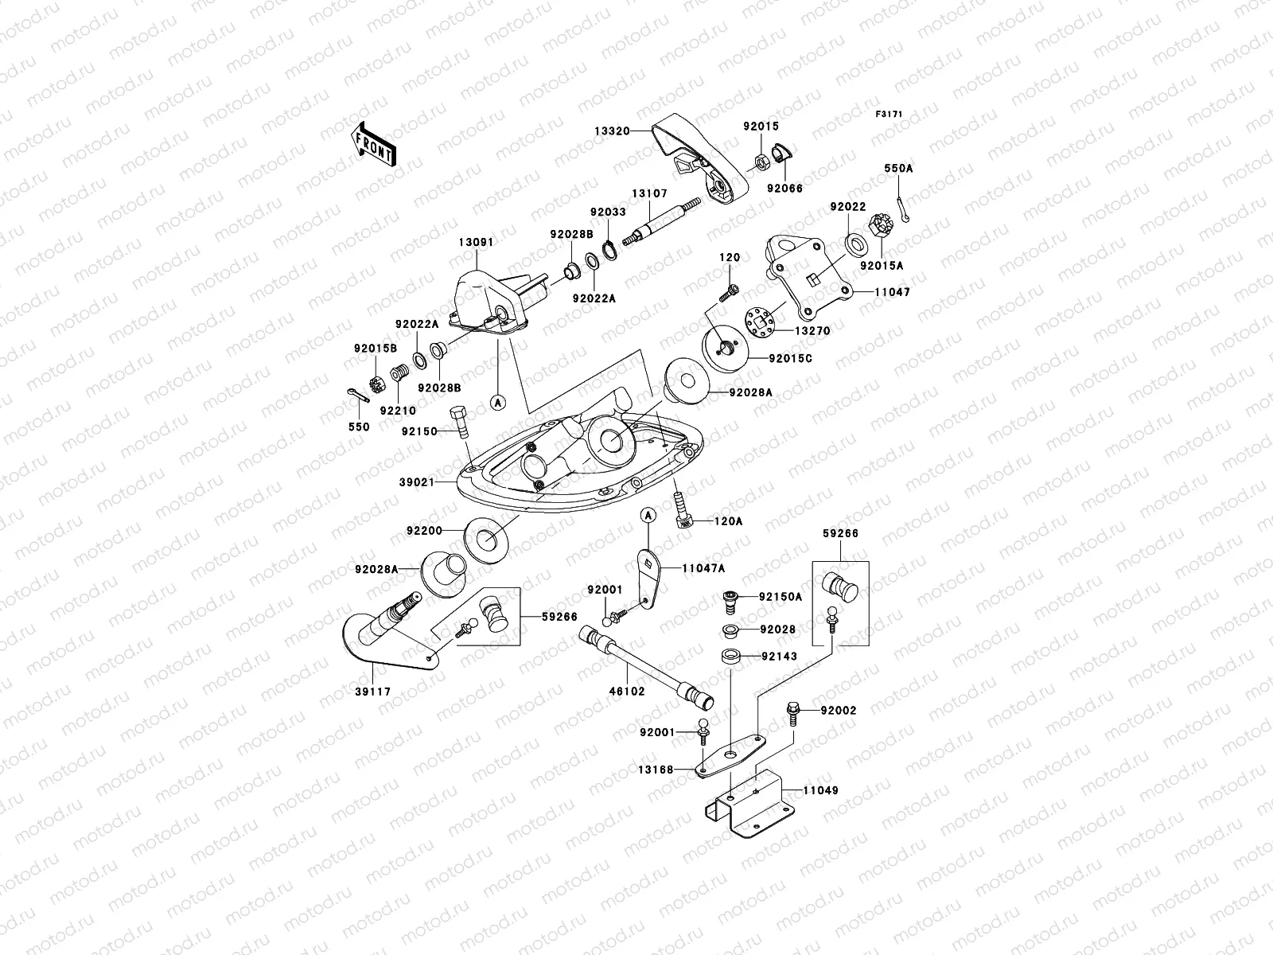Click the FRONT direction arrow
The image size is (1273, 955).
point(373,144)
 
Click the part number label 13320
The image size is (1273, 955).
point(612,131)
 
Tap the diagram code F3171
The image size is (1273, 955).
point(889,115)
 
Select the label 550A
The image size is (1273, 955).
point(898,168)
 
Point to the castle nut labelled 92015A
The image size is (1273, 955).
point(879,225)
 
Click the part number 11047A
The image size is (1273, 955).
point(703,569)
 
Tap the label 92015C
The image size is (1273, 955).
point(791,359)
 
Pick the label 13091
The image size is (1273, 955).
point(476,243)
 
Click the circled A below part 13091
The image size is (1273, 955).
point(498,402)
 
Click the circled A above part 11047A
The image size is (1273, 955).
point(648,515)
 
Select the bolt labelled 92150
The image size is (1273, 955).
point(458,423)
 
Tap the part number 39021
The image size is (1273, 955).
point(416,482)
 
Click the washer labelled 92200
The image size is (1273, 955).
point(487,540)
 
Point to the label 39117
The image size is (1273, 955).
point(373,692)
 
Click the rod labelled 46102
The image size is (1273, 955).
point(646,668)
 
